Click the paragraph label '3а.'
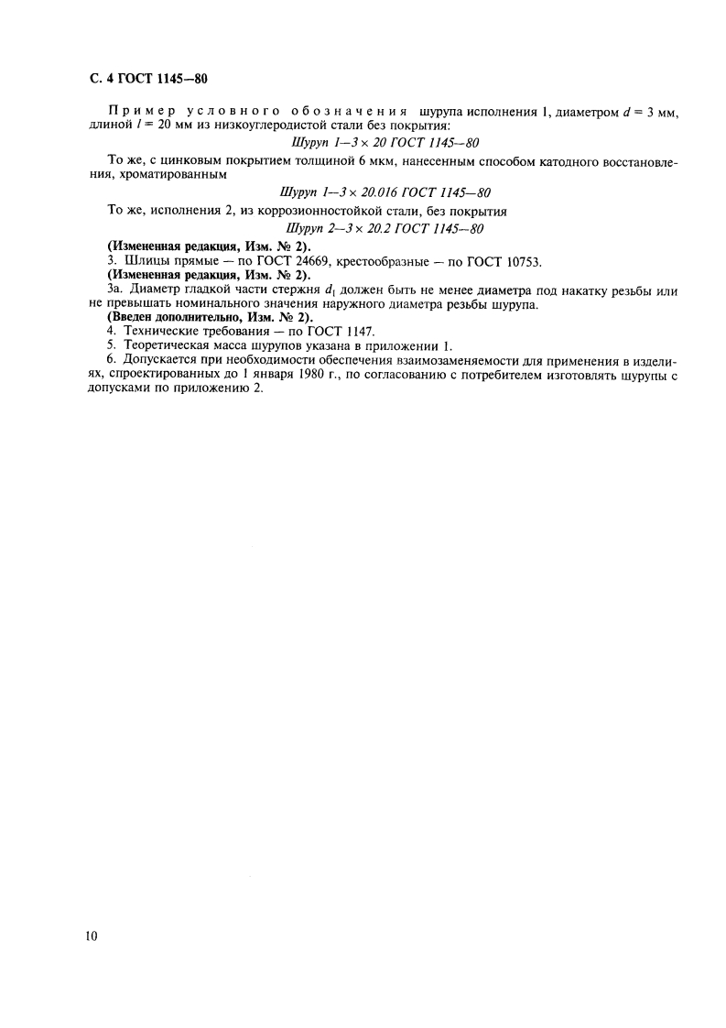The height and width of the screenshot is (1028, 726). [x=114, y=291]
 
